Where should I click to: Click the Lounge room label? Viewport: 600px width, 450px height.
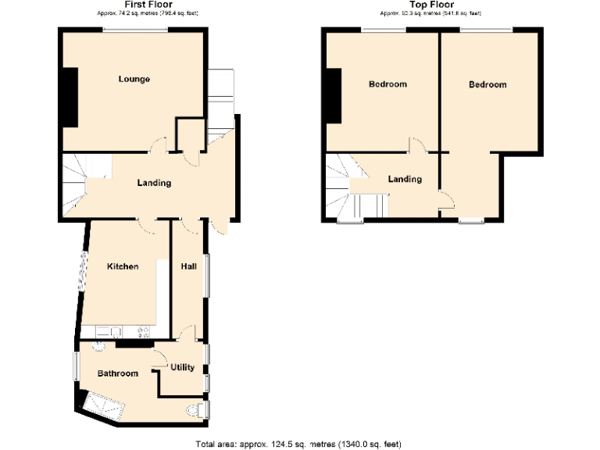pos(134,79)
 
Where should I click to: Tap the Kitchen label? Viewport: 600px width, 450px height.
pos(123,266)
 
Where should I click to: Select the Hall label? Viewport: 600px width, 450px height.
pos(188,266)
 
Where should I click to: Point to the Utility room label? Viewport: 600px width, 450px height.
pos(182,367)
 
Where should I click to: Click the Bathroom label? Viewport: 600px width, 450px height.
pos(117,373)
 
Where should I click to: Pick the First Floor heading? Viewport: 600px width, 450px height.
pos(132,5)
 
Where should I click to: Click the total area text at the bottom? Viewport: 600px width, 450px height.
pos(299,444)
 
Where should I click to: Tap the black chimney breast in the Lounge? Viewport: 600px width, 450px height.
pos(70,97)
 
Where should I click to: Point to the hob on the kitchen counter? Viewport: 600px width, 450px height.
pos(143,331)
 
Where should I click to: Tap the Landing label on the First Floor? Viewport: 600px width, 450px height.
pos(154,183)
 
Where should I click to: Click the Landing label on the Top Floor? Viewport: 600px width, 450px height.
pos(405,179)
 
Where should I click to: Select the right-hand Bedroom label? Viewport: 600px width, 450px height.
pos(487,84)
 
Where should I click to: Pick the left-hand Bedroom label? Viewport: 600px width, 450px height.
pos(387,84)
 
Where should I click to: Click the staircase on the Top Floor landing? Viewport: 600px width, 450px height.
pos(348,187)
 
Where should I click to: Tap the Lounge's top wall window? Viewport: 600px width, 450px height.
pos(134,30)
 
